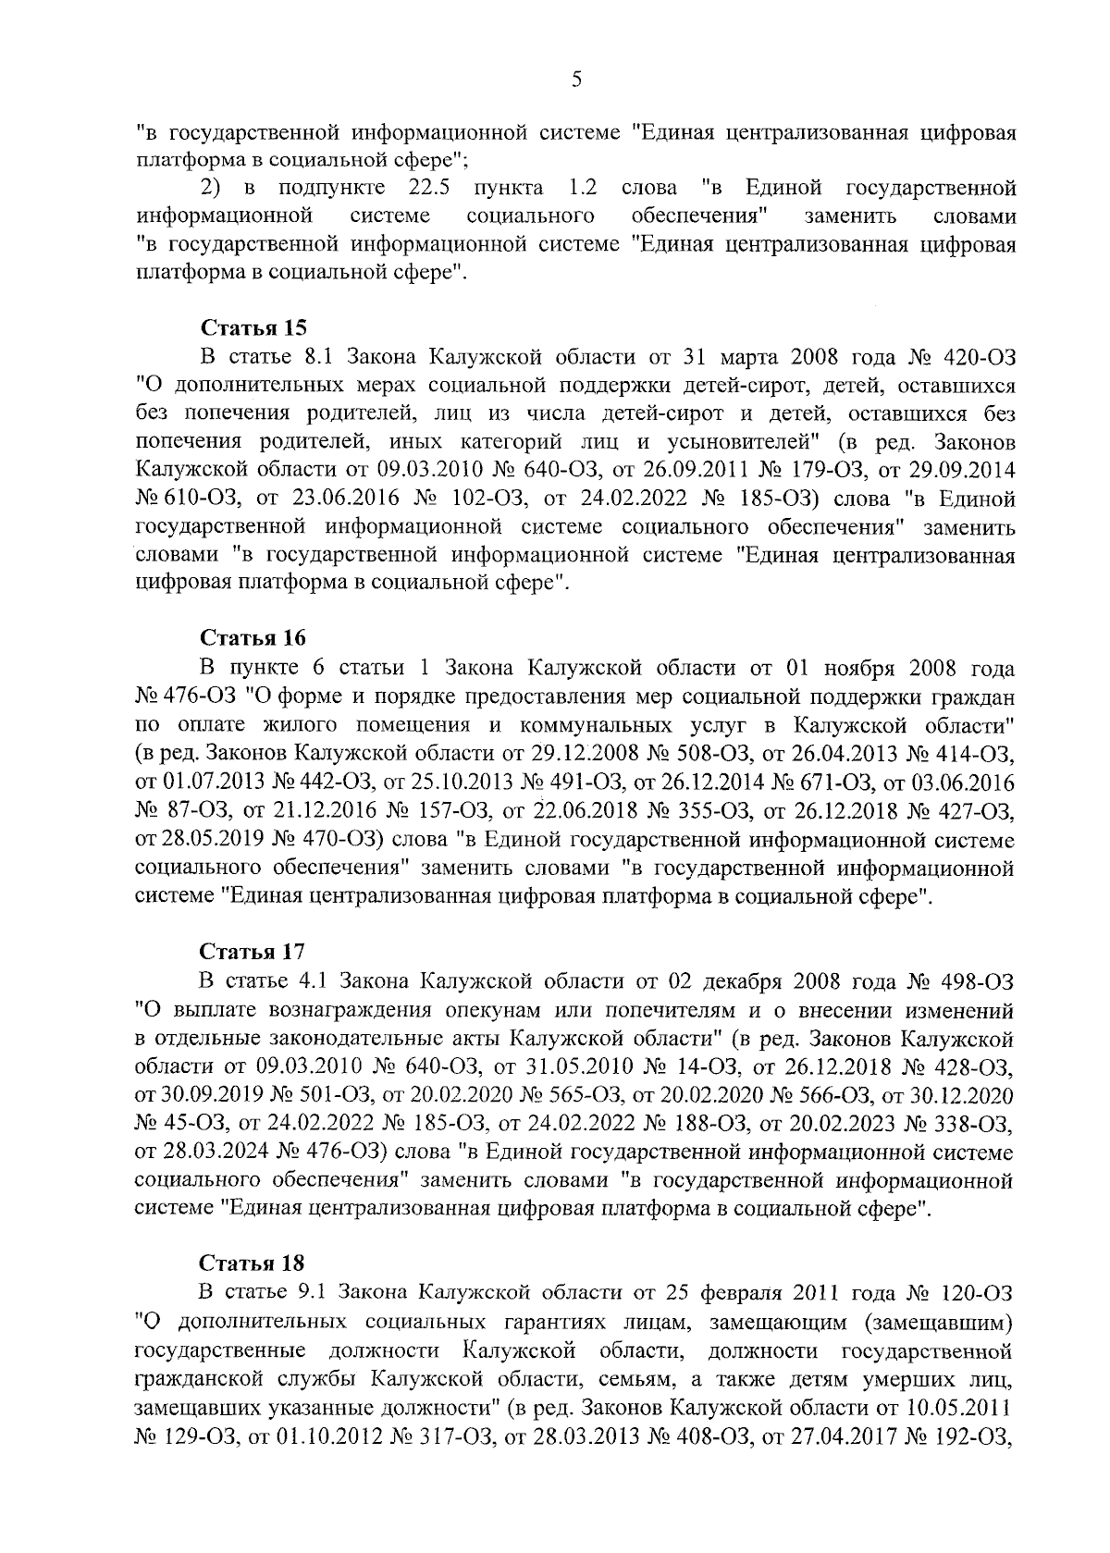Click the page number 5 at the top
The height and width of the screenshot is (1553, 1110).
pyautogui.click(x=576, y=80)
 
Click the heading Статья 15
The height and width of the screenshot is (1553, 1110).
pyautogui.click(x=253, y=327)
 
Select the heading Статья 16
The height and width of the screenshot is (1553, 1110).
pyautogui.click(x=253, y=639)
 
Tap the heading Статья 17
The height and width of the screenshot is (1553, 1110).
pyautogui.click(x=253, y=951)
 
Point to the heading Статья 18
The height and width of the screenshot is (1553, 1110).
pyautogui.click(x=253, y=1263)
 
